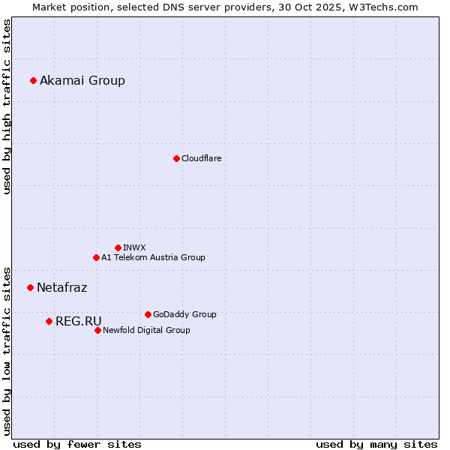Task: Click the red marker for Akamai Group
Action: tap(34, 80)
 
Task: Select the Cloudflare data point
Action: tap(176, 158)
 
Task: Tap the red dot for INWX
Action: tap(118, 247)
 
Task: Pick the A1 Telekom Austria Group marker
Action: tap(96, 257)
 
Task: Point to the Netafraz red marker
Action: tap(31, 287)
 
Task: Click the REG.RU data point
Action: tap(49, 321)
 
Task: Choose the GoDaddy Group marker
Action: tap(148, 314)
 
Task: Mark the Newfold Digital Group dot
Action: tap(97, 330)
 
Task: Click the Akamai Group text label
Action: tap(82, 81)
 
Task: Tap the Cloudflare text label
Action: tap(202, 159)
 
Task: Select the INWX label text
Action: tap(134, 248)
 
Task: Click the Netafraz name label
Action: tap(61, 288)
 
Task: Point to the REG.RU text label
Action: tap(78, 322)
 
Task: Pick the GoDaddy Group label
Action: tap(184, 315)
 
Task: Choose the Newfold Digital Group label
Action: tap(146, 331)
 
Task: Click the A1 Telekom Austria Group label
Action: tap(153, 258)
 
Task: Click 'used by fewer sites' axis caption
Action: tap(77, 444)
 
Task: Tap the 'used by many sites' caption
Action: tap(376, 444)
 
